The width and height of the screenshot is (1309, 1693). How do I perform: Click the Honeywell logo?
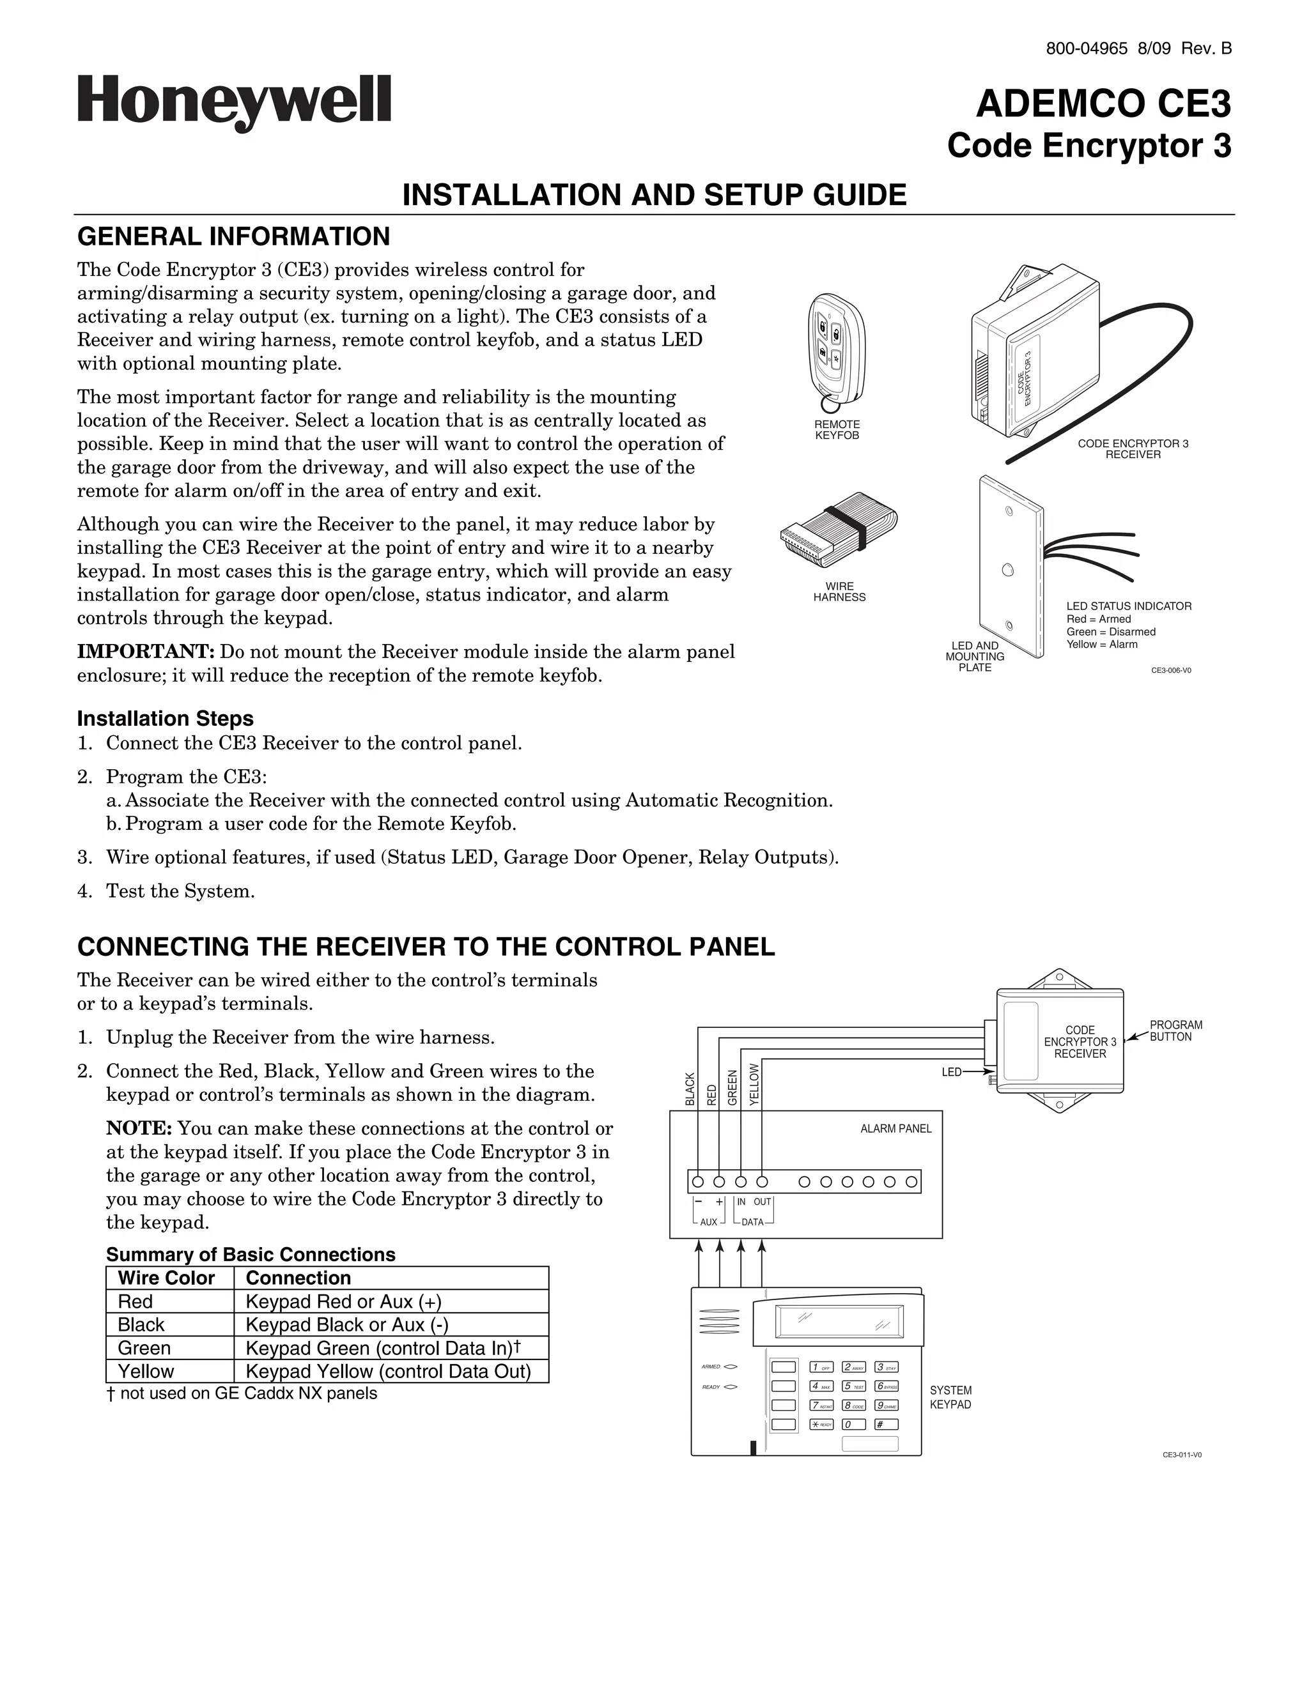click(x=234, y=103)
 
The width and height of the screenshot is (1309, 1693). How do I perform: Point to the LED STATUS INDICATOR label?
click(x=1128, y=606)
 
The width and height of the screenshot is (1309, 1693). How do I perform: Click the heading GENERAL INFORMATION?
click(x=233, y=236)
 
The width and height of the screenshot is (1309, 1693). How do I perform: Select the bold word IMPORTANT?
click(x=145, y=652)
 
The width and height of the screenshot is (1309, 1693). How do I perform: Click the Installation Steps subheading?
click(x=165, y=719)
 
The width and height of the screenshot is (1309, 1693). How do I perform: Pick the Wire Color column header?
click(x=166, y=1278)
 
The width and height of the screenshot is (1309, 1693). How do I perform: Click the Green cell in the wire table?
click(x=144, y=1348)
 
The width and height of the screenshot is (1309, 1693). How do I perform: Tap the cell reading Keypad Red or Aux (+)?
click(x=343, y=1301)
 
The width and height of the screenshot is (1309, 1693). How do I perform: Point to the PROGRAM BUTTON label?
click(x=1175, y=1031)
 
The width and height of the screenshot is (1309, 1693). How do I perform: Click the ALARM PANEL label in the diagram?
click(x=895, y=1129)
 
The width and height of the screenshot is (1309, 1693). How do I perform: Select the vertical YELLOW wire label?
click(x=755, y=1084)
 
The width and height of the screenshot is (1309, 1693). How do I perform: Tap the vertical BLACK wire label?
click(x=690, y=1089)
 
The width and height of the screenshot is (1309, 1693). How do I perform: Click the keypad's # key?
click(x=886, y=1424)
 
